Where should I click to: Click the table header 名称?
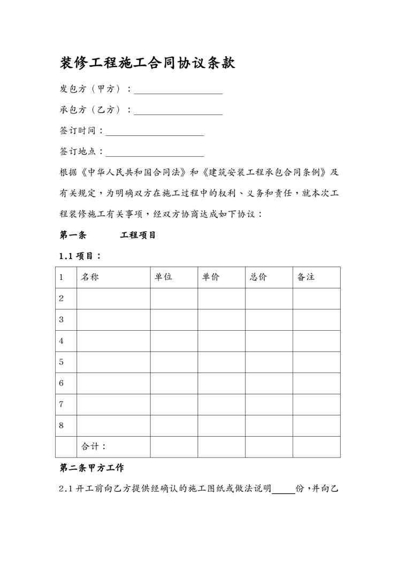tap(89, 277)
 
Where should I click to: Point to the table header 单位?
tap(164, 277)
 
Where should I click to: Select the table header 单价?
tap(211, 277)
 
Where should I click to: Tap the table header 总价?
tap(258, 277)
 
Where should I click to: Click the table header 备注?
tap(306, 277)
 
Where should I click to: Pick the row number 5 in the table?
tap(62, 362)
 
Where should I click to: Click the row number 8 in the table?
tap(62, 425)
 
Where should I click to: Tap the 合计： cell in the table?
tap(94, 446)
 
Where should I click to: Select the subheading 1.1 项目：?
tap(80, 256)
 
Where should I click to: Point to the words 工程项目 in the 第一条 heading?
tap(138, 235)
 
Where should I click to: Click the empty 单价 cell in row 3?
tap(221, 319)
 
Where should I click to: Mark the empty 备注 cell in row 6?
tap(316, 383)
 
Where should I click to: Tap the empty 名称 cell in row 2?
tap(113, 298)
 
